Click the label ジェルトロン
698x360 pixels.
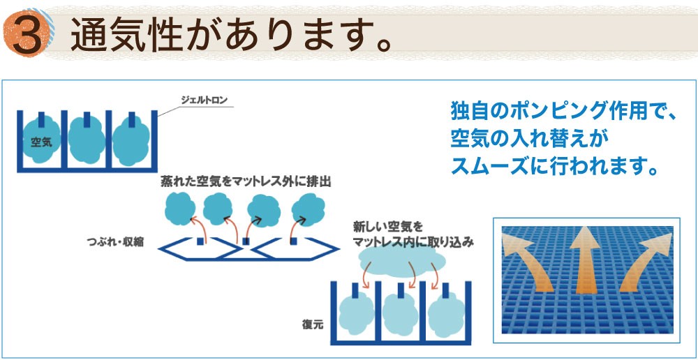(x=204, y=100)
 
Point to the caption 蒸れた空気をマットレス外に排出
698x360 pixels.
(x=246, y=181)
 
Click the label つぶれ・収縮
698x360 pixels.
(x=115, y=243)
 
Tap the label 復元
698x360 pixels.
(x=311, y=324)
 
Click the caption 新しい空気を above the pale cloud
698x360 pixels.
(x=387, y=227)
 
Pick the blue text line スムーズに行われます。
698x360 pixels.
(x=555, y=165)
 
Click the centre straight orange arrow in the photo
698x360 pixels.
(x=586, y=262)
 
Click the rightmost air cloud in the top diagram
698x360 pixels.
(x=131, y=141)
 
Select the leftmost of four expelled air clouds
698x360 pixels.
(x=180, y=209)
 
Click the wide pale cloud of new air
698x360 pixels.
(x=401, y=260)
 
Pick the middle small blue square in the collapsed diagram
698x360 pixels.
(x=246, y=241)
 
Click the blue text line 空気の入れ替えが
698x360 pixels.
(x=529, y=140)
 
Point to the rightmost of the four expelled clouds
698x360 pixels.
(x=308, y=209)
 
